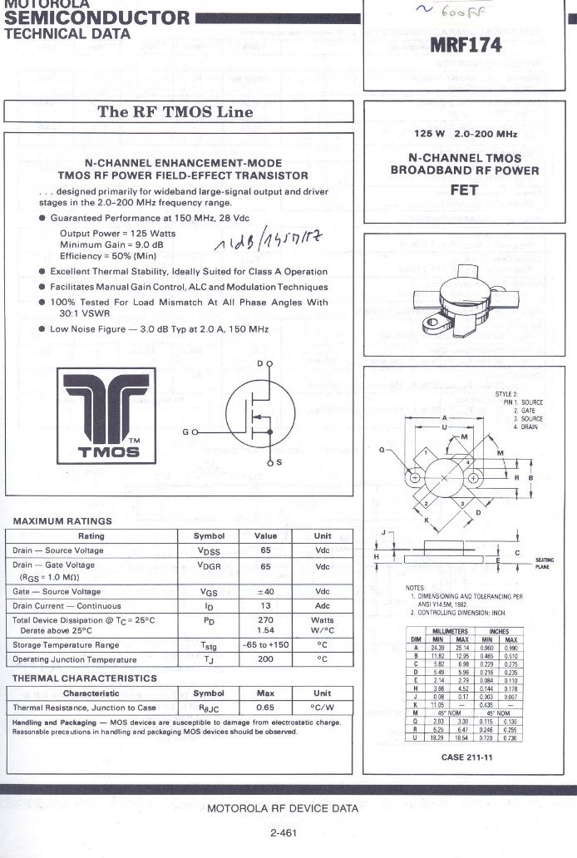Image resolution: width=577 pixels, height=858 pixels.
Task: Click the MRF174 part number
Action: pyautogui.click(x=466, y=47)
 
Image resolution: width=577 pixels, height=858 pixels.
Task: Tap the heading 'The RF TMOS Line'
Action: pyautogui.click(x=175, y=111)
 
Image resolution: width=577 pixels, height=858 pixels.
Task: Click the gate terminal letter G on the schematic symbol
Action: pyautogui.click(x=185, y=432)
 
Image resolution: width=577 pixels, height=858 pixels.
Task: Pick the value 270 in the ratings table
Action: pyautogui.click(x=265, y=620)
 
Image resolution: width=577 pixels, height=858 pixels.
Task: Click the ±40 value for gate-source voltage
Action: pyautogui.click(x=265, y=591)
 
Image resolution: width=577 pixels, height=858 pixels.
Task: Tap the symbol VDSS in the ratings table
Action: pyautogui.click(x=209, y=551)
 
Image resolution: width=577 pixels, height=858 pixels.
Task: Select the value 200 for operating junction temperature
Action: pyautogui.click(x=265, y=659)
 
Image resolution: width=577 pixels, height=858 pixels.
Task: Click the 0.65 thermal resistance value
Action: pyautogui.click(x=265, y=708)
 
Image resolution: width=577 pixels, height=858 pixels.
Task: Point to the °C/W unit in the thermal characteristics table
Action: pyautogui.click(x=322, y=708)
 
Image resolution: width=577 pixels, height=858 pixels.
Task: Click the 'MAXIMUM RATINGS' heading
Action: pyautogui.click(x=62, y=521)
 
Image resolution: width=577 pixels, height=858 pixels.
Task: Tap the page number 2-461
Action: pyautogui.click(x=284, y=832)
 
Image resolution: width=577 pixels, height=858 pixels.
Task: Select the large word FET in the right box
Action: pyautogui.click(x=464, y=190)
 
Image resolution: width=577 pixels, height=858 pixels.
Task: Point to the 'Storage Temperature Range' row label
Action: pyautogui.click(x=66, y=645)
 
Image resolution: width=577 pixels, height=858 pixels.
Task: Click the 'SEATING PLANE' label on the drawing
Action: pyautogui.click(x=545, y=563)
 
